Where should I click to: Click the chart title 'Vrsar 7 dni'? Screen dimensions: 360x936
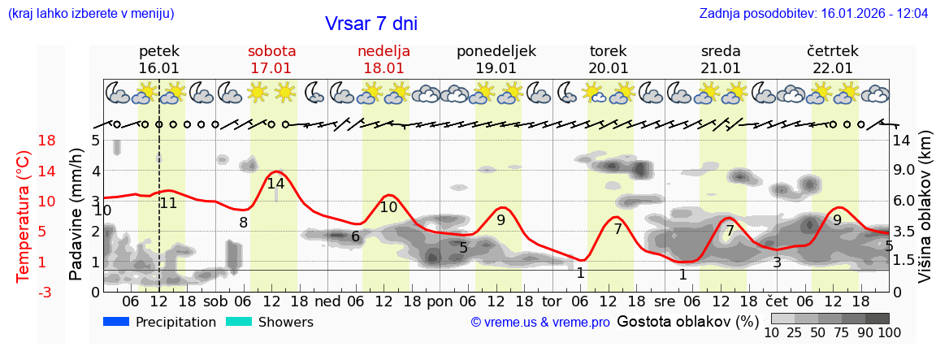pyautogui.click(x=370, y=24)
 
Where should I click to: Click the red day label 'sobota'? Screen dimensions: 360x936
pyautogui.click(x=271, y=51)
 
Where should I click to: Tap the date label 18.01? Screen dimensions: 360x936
pyautogui.click(x=383, y=68)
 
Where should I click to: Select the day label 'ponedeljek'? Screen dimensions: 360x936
pyautogui.click(x=496, y=51)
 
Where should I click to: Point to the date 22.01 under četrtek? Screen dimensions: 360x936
pyautogui.click(x=833, y=68)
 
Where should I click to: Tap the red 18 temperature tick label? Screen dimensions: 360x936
pyautogui.click(x=24, y=141)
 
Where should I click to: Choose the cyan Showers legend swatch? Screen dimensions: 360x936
pyautogui.click(x=238, y=322)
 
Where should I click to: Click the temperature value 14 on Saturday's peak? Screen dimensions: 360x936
pyautogui.click(x=276, y=184)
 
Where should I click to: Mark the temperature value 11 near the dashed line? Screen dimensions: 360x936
pyautogui.click(x=168, y=203)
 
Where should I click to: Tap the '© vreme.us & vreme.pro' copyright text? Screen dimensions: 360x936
pyautogui.click(x=539, y=323)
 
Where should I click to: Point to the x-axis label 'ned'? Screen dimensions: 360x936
pyautogui.click(x=327, y=301)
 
